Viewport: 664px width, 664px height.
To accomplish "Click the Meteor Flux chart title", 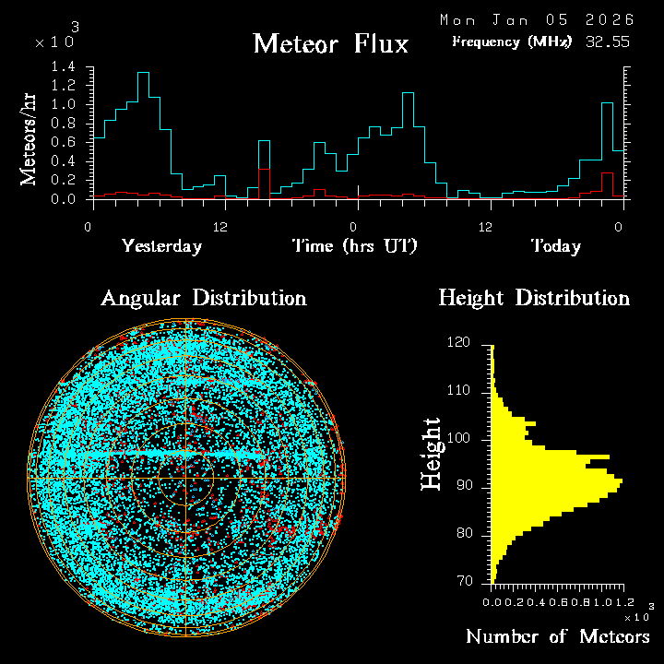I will pyautogui.click(x=330, y=43).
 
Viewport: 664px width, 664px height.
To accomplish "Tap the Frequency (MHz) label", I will pyautogui.click(x=512, y=41).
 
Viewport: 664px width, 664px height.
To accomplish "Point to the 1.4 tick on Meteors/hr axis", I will pyautogui.click(x=64, y=67).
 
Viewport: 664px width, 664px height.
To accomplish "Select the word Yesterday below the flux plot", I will pyautogui.click(x=161, y=246).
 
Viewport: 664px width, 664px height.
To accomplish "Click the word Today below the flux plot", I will pyautogui.click(x=555, y=246).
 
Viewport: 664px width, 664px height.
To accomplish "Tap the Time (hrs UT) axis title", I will pyautogui.click(x=355, y=246).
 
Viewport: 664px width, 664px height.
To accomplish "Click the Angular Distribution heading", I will pyautogui.click(x=203, y=298).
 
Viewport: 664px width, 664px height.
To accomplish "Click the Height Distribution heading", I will pyautogui.click(x=534, y=298).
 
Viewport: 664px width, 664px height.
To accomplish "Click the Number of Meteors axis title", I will pyautogui.click(x=557, y=637).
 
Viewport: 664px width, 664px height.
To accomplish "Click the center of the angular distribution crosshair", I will pyautogui.click(x=186, y=480).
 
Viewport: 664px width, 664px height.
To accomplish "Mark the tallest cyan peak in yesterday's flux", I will pyautogui.click(x=143, y=73).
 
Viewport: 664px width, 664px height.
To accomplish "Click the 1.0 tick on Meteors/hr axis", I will pyautogui.click(x=64, y=104).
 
